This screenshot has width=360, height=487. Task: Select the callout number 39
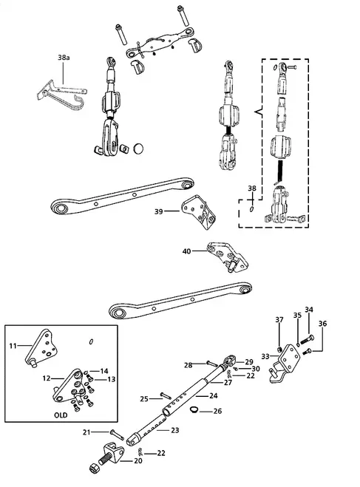159,211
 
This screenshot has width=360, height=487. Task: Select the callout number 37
279,320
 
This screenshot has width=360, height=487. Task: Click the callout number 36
322,323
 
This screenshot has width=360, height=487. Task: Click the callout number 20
139,460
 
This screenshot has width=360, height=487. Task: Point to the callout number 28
188,364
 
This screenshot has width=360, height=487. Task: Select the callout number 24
214,395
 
